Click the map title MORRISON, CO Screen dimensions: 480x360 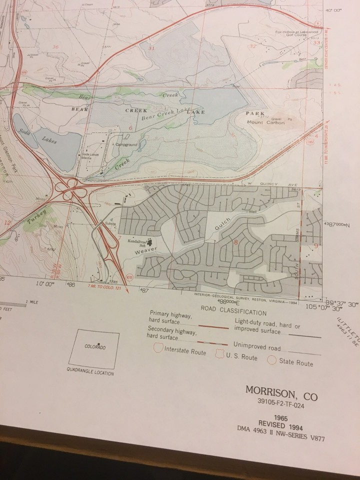click(281, 391)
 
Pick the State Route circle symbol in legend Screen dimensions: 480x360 click(272, 360)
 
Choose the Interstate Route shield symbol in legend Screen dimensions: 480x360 click(158, 348)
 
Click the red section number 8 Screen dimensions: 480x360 click(235, 243)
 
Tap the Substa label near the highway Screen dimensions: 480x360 click(110, 223)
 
